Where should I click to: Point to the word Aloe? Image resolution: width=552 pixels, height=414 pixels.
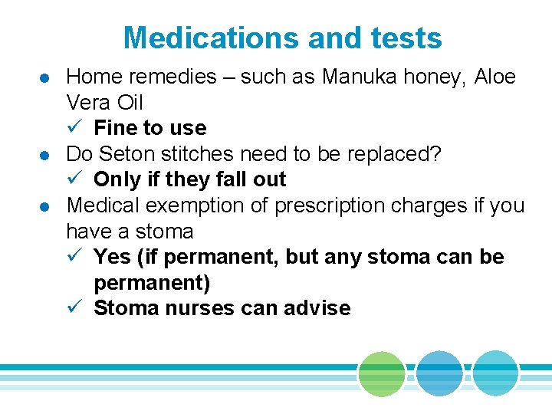click(495, 77)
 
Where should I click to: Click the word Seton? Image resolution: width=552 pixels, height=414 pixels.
click(129, 153)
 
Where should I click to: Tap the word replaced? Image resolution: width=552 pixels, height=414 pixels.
click(389, 153)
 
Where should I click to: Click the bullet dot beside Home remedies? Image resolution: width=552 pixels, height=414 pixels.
click(45, 78)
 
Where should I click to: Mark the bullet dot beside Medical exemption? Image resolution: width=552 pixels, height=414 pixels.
click(45, 207)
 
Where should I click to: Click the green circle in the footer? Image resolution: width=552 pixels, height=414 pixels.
click(381, 374)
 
